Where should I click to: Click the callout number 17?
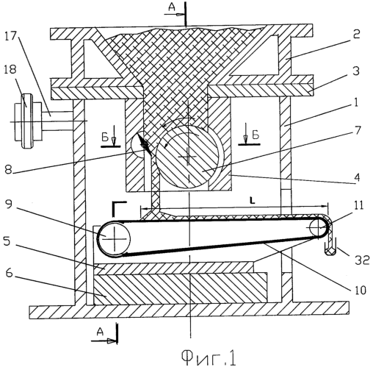click(10, 37)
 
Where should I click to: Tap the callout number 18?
click(10, 69)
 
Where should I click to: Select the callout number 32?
click(362, 260)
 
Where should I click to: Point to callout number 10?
click(358, 290)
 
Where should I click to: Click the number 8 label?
click(8, 170)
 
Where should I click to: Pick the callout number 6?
click(9, 272)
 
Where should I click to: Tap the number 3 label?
click(356, 71)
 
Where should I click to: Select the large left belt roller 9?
click(114, 239)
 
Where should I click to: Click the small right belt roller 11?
click(317, 227)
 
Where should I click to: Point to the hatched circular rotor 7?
click(188, 157)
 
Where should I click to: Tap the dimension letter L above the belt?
click(253, 201)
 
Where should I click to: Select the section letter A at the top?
click(172, 7)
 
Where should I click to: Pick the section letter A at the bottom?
click(100, 332)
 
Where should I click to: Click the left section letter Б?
click(105, 138)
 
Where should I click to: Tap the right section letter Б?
click(256, 135)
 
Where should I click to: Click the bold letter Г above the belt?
click(120, 209)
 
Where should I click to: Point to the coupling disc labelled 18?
click(26, 121)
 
